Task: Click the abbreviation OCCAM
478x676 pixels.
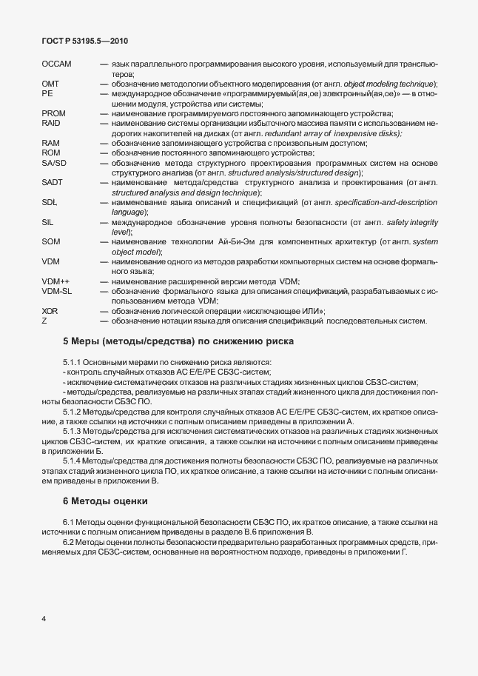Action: click(x=57, y=65)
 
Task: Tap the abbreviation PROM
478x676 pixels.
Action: click(x=54, y=113)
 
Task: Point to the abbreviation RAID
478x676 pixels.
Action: click(x=51, y=123)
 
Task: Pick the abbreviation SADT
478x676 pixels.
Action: click(x=53, y=182)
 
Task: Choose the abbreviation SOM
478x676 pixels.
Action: click(x=51, y=241)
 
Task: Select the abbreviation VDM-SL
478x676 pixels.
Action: click(x=57, y=291)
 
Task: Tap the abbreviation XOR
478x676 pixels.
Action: click(x=50, y=311)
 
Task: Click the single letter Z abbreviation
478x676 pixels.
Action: click(x=44, y=321)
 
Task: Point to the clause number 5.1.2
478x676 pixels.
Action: click(x=73, y=412)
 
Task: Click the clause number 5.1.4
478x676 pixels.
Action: click(x=73, y=461)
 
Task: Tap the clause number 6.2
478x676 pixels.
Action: click(x=70, y=543)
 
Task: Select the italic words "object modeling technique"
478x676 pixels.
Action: click(x=386, y=84)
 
